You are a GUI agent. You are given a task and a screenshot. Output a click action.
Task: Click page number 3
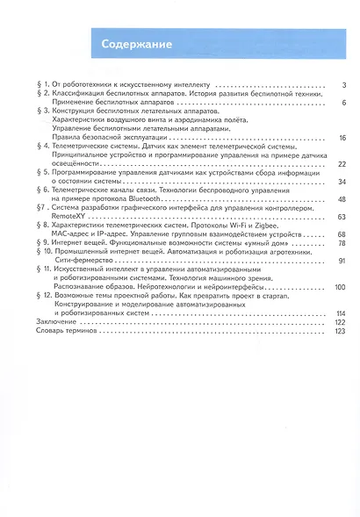pyautogui.click(x=345, y=84)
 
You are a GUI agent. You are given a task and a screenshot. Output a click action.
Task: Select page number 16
pyautogui.click(x=342, y=138)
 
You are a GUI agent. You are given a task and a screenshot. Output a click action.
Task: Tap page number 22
pyautogui.click(x=342, y=164)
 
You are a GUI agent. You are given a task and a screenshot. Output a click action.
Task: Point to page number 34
pyautogui.click(x=342, y=182)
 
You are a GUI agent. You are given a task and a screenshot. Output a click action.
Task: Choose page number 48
pyautogui.click(x=342, y=199)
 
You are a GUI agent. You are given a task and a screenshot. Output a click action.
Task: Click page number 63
pyautogui.click(x=342, y=217)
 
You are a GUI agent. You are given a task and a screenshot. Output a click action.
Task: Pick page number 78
pyautogui.click(x=342, y=243)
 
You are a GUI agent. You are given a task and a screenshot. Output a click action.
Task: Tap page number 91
pyautogui.click(x=342, y=261)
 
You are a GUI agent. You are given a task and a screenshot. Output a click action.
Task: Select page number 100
pyautogui.click(x=341, y=287)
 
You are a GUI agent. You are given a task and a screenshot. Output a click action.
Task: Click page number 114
pyautogui.click(x=341, y=313)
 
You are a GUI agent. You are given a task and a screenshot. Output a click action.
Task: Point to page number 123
pyautogui.click(x=341, y=331)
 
